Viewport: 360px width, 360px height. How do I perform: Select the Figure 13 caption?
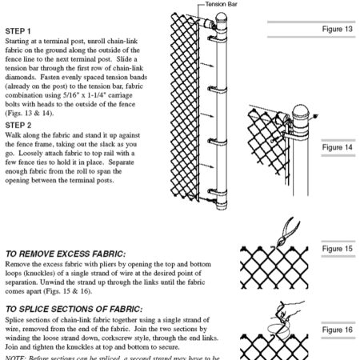point(338,29)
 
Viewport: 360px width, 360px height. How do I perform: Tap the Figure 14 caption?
point(338,148)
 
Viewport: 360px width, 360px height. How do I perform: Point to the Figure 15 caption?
point(338,249)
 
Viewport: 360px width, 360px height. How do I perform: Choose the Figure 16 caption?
point(338,330)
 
